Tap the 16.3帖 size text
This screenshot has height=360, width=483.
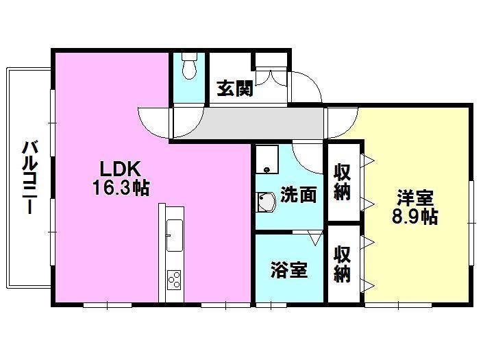121,187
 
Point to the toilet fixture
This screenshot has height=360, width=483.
189,68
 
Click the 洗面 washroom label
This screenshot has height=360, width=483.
299,195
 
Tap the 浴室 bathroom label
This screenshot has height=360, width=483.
288,270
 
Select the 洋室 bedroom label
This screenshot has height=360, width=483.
414,199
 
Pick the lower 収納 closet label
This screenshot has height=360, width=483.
343,264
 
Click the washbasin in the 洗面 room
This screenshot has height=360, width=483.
265,203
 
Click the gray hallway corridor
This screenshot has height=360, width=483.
260,122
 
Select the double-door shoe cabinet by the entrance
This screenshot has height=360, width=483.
273,77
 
